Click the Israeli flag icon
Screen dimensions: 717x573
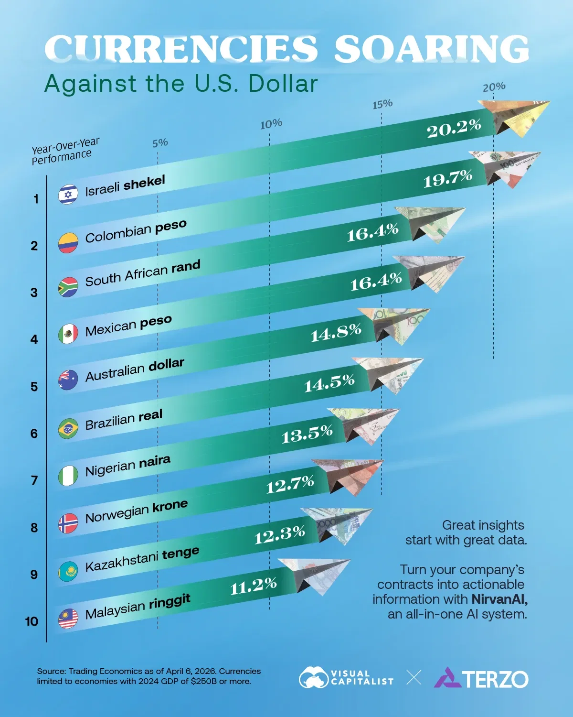click(x=68, y=195)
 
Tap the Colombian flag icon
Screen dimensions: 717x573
click(x=68, y=243)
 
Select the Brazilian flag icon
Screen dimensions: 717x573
click(x=68, y=429)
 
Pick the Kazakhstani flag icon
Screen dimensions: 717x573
click(x=68, y=572)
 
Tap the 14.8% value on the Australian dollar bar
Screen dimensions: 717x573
click(x=336, y=332)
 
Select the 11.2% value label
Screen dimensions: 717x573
click(x=253, y=586)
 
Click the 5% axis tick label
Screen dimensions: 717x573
click(x=160, y=142)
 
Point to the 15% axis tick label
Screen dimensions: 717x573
click(x=382, y=104)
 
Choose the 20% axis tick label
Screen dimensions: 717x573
click(x=494, y=87)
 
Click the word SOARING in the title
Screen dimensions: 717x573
click(x=431, y=49)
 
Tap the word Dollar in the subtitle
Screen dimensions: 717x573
click(x=283, y=84)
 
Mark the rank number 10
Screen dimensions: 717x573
click(x=32, y=621)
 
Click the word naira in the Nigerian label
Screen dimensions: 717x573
click(x=154, y=462)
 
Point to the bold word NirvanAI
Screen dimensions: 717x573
click(x=499, y=599)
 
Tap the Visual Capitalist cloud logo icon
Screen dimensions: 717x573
click(x=313, y=678)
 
